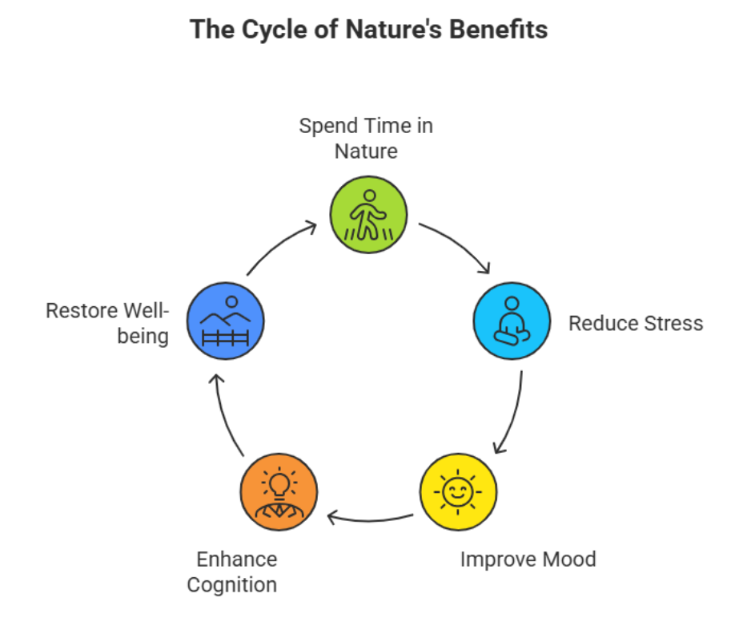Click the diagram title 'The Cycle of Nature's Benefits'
[x=368, y=30]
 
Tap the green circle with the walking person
[x=368, y=214]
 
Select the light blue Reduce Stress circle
[x=512, y=321]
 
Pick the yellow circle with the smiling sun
[x=458, y=492]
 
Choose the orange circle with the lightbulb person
[x=279, y=492]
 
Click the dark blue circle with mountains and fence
[x=225, y=321]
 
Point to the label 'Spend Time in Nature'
[x=366, y=139]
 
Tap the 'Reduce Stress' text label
[x=636, y=323]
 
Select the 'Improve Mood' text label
[x=528, y=559]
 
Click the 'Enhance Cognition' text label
[x=232, y=571]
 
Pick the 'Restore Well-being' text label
[x=107, y=323]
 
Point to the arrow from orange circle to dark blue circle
[x=224, y=418]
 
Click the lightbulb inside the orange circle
[x=279, y=485]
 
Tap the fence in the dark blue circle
[x=225, y=337]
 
